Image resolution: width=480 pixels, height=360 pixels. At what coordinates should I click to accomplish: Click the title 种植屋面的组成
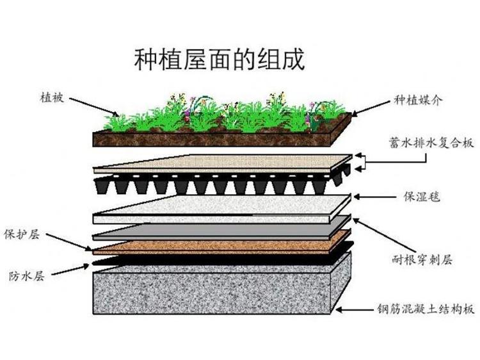click(x=220, y=59)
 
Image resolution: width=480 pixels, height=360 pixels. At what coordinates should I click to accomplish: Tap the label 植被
click(x=52, y=98)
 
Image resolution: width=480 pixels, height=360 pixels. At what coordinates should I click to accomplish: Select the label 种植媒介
click(x=418, y=100)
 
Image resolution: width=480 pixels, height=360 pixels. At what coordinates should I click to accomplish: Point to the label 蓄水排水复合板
click(x=431, y=143)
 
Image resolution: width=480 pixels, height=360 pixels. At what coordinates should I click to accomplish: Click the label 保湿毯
click(x=422, y=197)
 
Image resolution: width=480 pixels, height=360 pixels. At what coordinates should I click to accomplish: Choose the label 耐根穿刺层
click(x=422, y=260)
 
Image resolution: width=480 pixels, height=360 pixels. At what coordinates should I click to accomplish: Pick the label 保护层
click(x=22, y=234)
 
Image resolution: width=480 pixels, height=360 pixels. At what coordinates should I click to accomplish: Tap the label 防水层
click(x=27, y=276)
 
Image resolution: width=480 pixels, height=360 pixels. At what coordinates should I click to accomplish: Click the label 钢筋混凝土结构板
click(x=426, y=309)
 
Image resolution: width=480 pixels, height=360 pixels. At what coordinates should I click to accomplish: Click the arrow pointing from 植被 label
click(x=94, y=107)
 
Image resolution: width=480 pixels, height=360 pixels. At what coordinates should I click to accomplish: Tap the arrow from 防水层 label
click(x=70, y=270)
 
